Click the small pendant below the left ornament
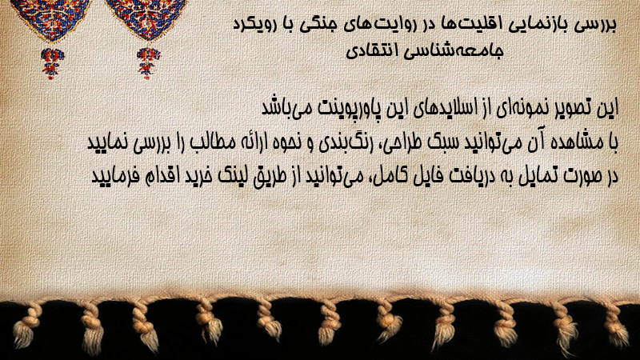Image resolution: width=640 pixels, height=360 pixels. (52, 63)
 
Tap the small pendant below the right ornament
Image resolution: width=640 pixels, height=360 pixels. (148, 63)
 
